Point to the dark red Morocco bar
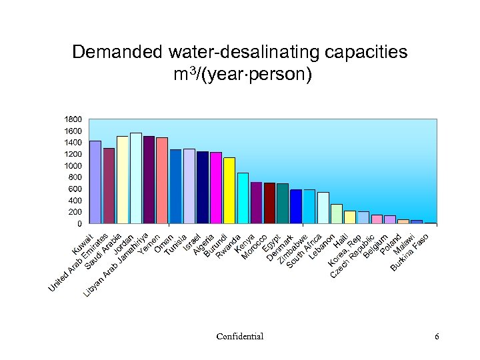(269, 203)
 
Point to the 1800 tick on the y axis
(73, 119)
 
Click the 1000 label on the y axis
(73, 165)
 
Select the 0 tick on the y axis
(79, 223)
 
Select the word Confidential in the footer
(239, 337)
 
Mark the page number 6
(437, 337)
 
